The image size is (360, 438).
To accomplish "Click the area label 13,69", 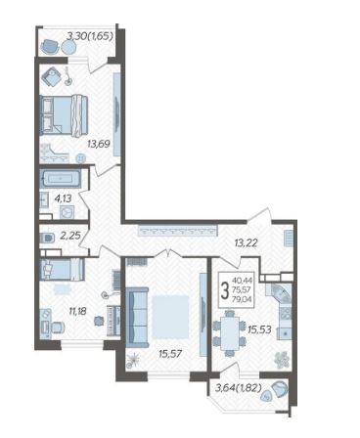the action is (98, 143).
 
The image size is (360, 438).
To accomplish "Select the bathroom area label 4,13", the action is (63, 198).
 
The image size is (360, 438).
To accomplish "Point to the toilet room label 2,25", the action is (70, 236).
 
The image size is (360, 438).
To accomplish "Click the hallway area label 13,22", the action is (247, 242).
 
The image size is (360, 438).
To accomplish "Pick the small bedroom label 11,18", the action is (77, 311).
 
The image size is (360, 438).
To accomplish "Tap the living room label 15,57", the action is (170, 353).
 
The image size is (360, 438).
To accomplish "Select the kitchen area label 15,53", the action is (259, 329).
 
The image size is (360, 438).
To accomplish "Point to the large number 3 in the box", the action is (225, 290).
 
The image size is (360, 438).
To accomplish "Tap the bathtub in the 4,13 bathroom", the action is (61, 179).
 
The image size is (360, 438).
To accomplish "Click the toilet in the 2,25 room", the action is (46, 239).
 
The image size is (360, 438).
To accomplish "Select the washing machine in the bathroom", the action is (67, 212).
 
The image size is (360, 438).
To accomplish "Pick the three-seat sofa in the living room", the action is (137, 317).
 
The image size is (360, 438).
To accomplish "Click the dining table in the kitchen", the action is (230, 332).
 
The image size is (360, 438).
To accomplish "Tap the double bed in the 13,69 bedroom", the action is (64, 114).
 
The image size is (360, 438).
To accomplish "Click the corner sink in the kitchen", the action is (279, 293).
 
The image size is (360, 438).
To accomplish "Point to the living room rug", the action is (170, 317).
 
